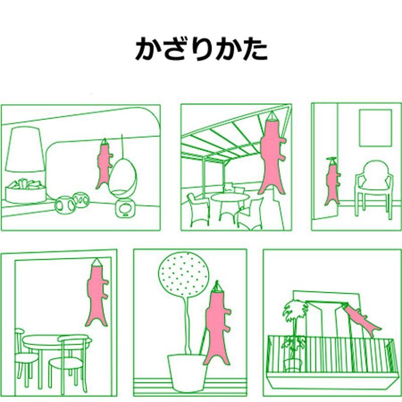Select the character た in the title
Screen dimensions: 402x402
point(255,49)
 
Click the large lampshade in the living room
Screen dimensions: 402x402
point(24,149)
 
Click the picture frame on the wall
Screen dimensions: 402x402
point(375,128)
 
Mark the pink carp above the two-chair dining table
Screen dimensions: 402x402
point(97,294)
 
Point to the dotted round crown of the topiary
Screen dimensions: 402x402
point(183,274)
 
